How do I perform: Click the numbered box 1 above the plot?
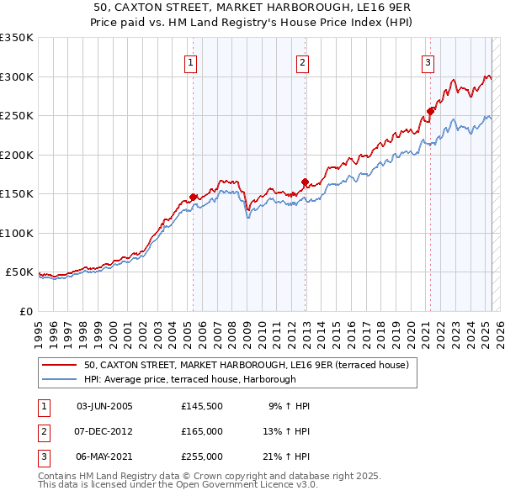pos(191,62)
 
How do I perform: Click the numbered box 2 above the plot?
pos(302,62)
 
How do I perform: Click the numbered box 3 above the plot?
pos(428,62)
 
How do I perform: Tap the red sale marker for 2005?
pos(193,197)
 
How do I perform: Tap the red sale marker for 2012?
pos(305,182)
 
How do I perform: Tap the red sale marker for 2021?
pos(430,111)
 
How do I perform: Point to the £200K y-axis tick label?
pos(17,155)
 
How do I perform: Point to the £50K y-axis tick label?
pos(20,272)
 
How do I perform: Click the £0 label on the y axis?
pos(25,311)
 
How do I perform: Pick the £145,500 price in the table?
pos(201,406)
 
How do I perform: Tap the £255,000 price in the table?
pos(201,456)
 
